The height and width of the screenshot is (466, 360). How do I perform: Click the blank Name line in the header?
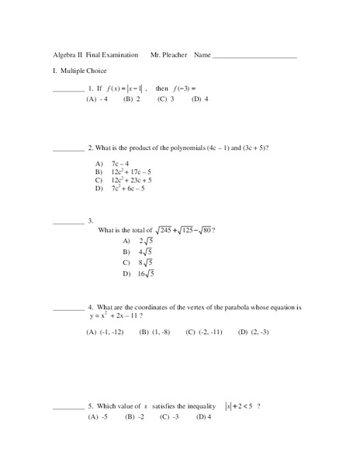[x=254, y=57]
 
